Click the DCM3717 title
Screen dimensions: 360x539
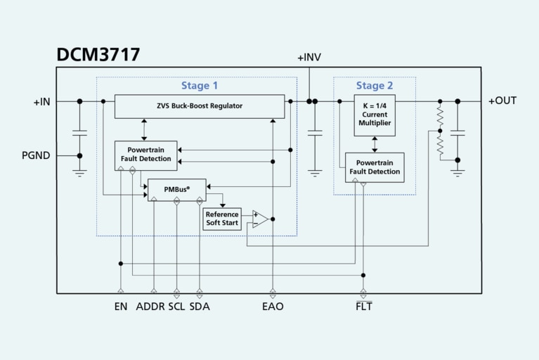[98, 55]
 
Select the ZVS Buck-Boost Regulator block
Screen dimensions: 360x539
[200, 106]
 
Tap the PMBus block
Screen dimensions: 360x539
[176, 190]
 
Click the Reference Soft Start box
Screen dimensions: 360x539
[221, 219]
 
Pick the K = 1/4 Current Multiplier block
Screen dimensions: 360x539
[375, 115]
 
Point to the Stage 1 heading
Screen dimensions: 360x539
[200, 86]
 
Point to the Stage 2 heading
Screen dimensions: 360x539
[375, 86]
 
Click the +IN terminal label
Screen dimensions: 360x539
[41, 102]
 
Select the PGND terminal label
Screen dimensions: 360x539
[36, 155]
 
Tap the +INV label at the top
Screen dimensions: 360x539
[309, 57]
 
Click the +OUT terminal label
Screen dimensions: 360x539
[502, 101]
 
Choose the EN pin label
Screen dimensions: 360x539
[121, 307]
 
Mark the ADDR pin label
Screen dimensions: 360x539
[150, 307]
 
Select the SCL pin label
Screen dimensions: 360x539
[176, 307]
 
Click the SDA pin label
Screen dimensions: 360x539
[200, 307]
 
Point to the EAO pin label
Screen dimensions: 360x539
[273, 307]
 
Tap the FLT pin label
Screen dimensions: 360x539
[363, 307]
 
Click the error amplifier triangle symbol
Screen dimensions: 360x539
[259, 219]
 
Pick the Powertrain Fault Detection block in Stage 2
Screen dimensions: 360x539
[375, 167]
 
